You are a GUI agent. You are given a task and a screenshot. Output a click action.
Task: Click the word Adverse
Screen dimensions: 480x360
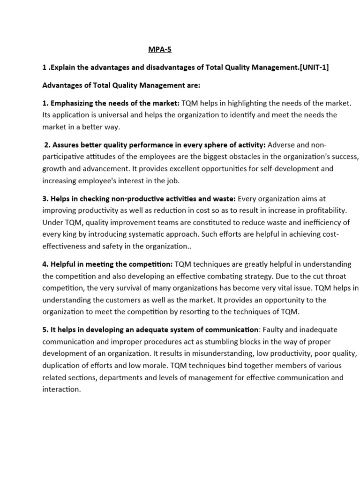click(281, 145)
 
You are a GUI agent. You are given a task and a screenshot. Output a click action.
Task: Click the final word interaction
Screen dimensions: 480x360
click(61, 389)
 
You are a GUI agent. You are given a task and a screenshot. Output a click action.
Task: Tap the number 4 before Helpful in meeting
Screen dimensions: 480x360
click(45, 264)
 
